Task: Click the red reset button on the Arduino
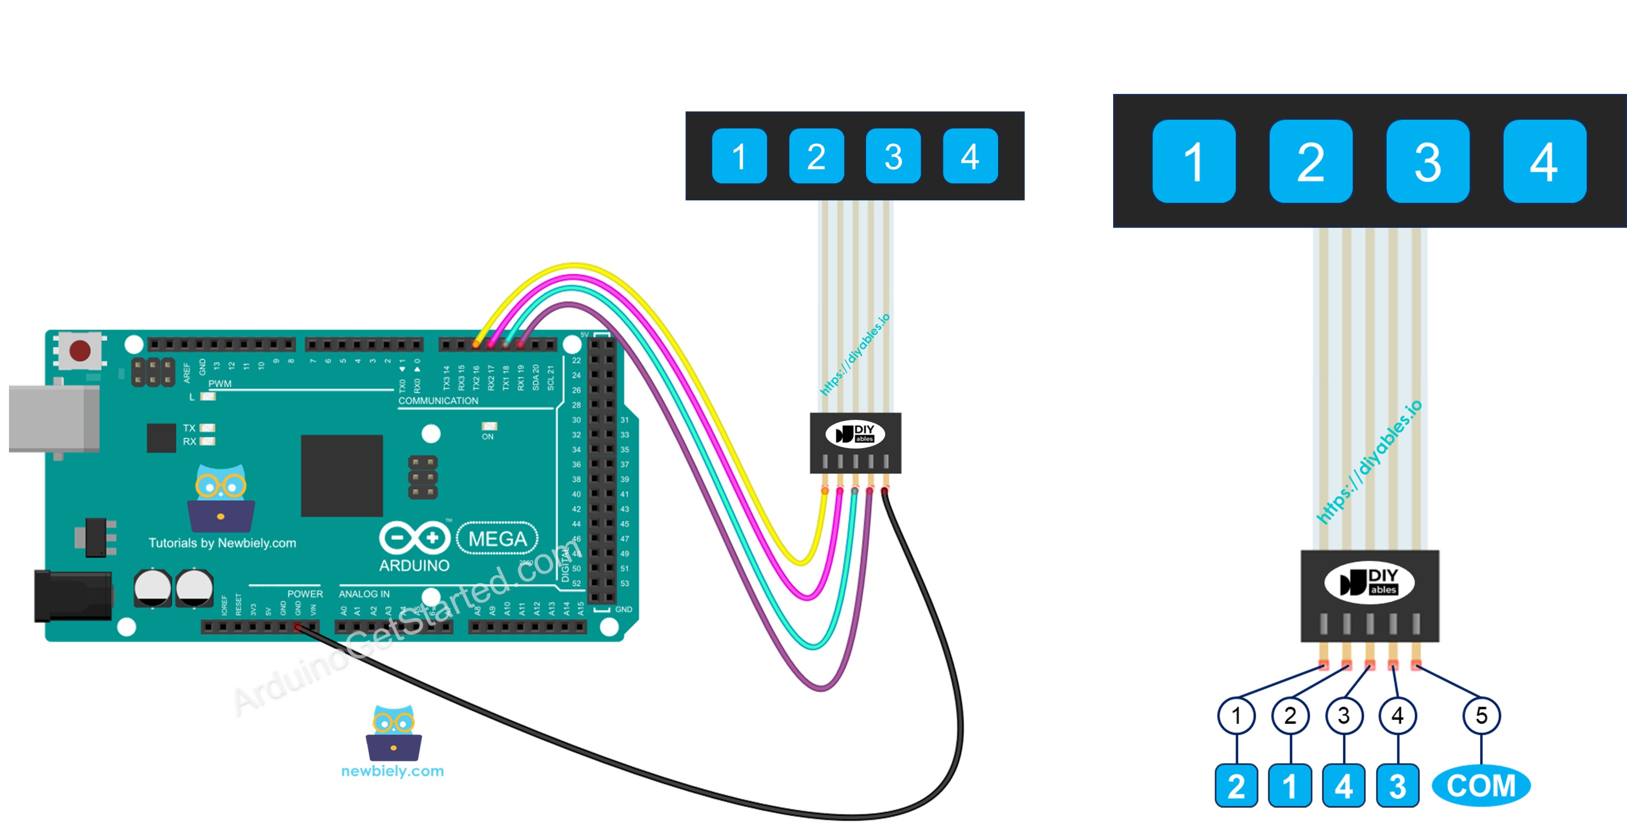(79, 350)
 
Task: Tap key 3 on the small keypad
(892, 156)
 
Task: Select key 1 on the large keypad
(1193, 161)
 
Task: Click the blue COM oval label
(1480, 786)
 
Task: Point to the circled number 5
(1481, 716)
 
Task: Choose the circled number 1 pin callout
(1236, 716)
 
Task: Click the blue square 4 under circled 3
(1344, 786)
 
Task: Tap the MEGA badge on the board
(497, 539)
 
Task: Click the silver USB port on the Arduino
(53, 419)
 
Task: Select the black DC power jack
(72, 596)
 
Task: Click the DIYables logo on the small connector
(855, 434)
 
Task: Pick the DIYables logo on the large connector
(1369, 582)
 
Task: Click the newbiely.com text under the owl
(392, 771)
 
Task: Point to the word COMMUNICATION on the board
(438, 400)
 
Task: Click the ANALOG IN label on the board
(364, 594)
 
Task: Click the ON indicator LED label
(487, 436)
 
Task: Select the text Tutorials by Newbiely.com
(222, 543)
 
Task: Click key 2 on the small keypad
(816, 156)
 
